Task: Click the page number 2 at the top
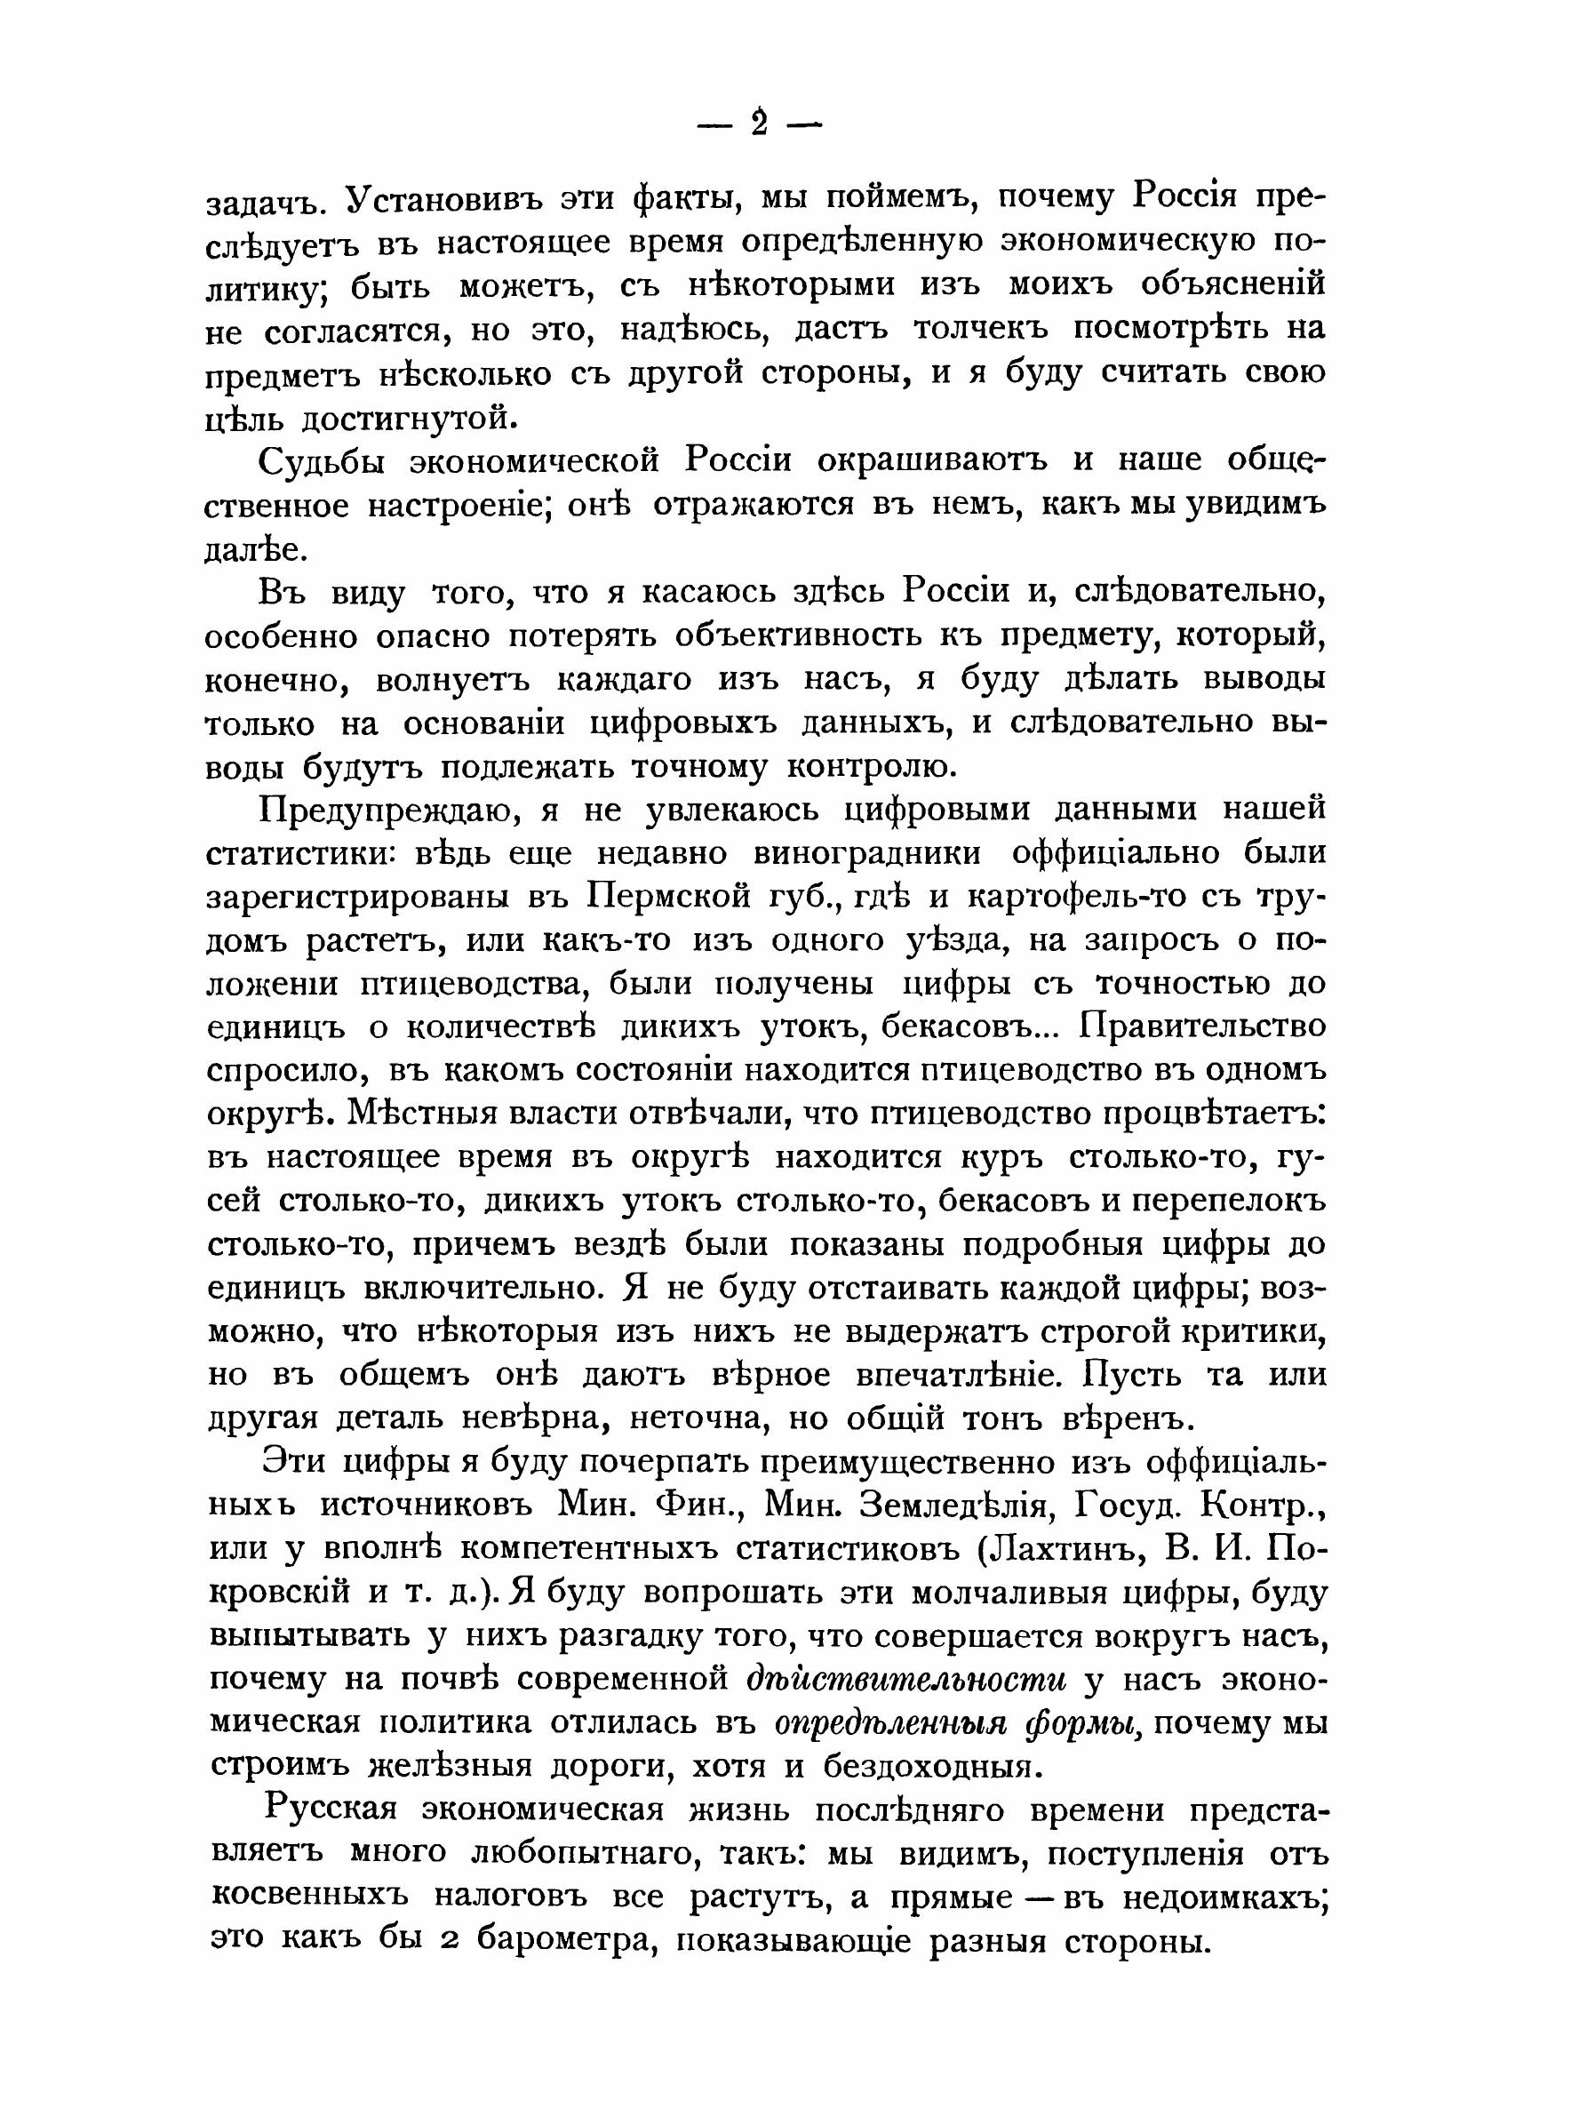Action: click(x=760, y=124)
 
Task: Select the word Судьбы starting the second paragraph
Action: click(x=321, y=462)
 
